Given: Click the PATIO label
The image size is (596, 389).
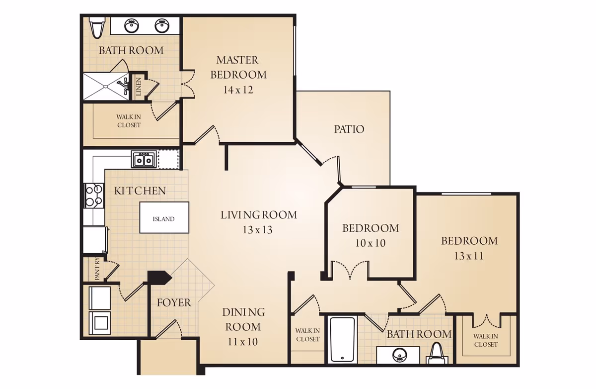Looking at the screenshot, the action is click(x=349, y=129).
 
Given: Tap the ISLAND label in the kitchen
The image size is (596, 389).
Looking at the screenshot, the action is click(x=163, y=219).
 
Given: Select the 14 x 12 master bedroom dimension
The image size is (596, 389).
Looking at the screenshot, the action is click(x=238, y=90).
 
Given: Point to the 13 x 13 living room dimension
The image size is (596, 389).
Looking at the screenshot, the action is click(x=258, y=230).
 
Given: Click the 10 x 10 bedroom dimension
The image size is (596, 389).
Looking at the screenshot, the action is click(x=371, y=243).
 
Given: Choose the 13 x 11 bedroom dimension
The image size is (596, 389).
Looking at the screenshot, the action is click(x=468, y=256).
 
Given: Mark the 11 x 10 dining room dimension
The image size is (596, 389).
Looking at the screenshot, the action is click(x=243, y=342).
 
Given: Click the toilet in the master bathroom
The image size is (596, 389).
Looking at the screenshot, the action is click(x=96, y=27).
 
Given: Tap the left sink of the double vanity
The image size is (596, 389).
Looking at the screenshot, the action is click(x=132, y=26).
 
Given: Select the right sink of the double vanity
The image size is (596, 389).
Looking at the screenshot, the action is click(x=162, y=26).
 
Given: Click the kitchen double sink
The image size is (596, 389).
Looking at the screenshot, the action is click(x=144, y=159).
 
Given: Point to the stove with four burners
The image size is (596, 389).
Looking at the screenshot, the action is click(x=94, y=195).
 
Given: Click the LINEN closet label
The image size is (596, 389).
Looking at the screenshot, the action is click(x=139, y=87).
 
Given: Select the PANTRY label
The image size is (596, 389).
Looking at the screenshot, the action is click(x=97, y=269).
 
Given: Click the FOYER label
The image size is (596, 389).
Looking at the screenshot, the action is click(x=174, y=302).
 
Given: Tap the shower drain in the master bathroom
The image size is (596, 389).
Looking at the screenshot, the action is click(x=106, y=87).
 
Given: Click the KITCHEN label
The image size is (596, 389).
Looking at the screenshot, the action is click(x=140, y=191).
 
